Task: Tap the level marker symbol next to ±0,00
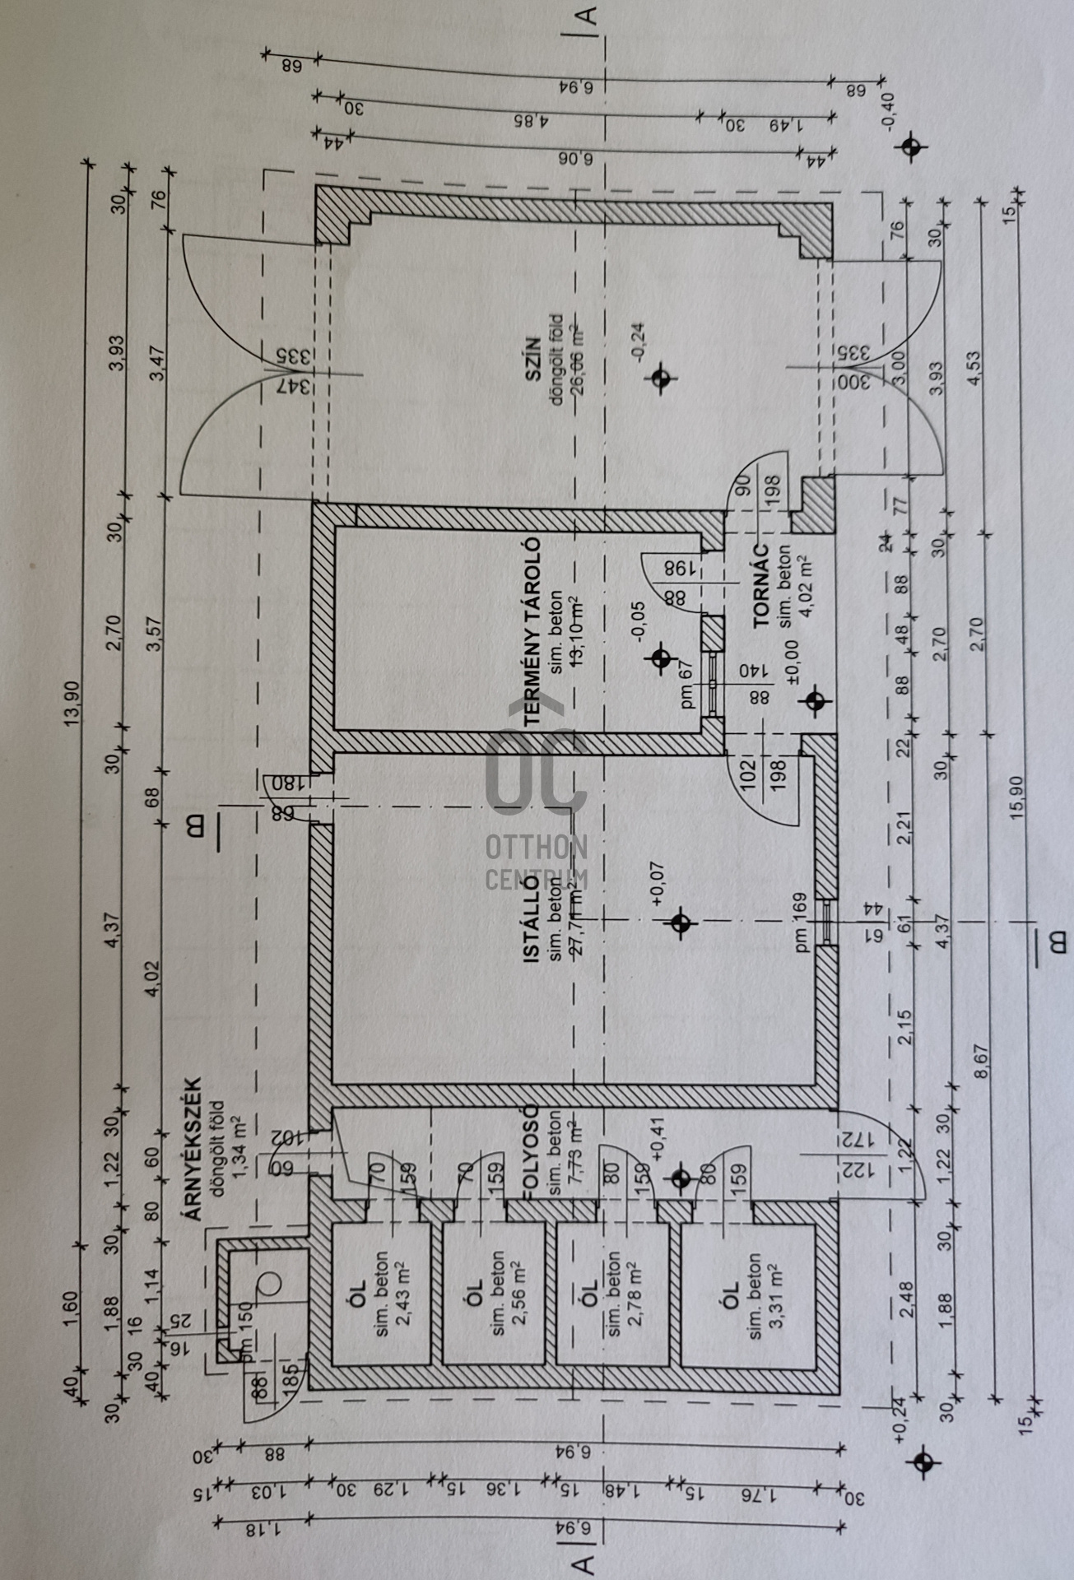coord(815,701)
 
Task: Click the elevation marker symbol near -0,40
coord(910,148)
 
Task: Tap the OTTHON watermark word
coord(537,846)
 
